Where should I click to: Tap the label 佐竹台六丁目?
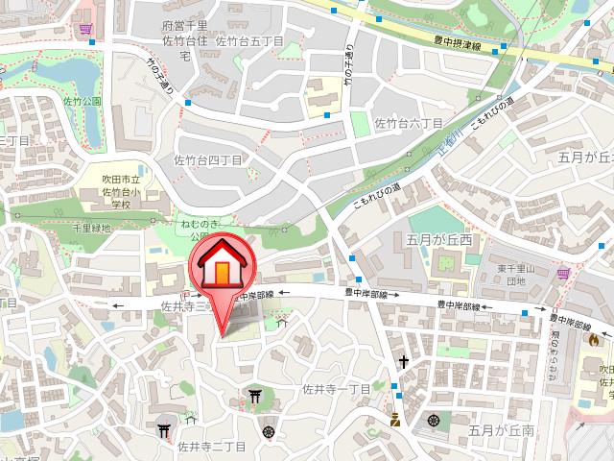(408, 124)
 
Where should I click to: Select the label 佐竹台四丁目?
(207, 159)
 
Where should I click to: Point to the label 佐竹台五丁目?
(249, 41)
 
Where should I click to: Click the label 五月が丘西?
(438, 237)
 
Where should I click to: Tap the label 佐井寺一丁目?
(336, 389)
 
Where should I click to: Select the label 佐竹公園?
(83, 101)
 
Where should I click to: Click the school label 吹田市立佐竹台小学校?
(122, 190)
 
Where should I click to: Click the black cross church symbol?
(406, 363)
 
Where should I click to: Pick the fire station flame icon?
(594, 339)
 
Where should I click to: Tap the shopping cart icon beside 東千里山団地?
(562, 274)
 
